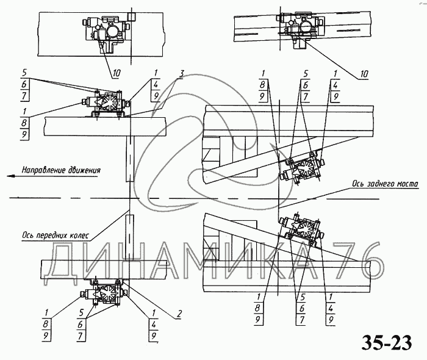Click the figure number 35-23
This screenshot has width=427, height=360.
387,343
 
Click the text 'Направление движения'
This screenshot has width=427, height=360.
61,170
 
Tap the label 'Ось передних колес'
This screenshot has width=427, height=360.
56,236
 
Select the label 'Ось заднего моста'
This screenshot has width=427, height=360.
385,184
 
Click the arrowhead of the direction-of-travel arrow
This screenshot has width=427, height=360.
10,176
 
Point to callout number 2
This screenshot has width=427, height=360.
179,314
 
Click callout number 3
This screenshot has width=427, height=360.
181,73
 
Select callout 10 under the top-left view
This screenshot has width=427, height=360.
117,73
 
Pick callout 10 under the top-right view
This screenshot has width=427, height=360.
364,74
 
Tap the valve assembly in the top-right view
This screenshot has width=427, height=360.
300,29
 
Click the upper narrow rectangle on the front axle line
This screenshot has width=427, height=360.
130,159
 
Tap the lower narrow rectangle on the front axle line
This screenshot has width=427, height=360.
130,237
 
